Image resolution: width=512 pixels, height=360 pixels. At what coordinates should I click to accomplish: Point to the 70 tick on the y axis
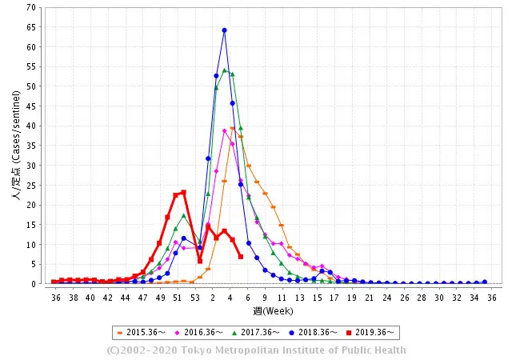(x=31, y=7)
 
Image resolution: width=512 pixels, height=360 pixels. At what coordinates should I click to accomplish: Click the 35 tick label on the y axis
(x=31, y=146)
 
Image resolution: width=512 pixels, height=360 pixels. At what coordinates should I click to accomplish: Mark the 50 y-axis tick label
(x=31, y=86)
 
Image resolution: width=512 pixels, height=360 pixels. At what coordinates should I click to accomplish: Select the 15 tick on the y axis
(x=31, y=225)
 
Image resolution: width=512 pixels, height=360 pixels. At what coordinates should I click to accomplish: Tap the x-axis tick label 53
(x=194, y=297)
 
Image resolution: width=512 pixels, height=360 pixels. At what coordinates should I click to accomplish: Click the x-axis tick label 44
(x=125, y=297)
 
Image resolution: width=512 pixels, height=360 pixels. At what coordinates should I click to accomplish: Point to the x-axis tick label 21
(x=369, y=297)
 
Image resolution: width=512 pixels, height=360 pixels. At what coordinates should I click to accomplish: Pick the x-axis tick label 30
(x=438, y=297)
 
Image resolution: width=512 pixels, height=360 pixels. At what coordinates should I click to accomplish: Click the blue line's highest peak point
(x=224, y=30)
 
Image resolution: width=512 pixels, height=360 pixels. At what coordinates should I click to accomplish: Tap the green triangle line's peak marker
(x=224, y=70)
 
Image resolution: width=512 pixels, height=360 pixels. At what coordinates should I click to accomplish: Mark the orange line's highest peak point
(x=233, y=128)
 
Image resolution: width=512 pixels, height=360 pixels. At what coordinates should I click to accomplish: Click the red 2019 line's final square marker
(x=241, y=256)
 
